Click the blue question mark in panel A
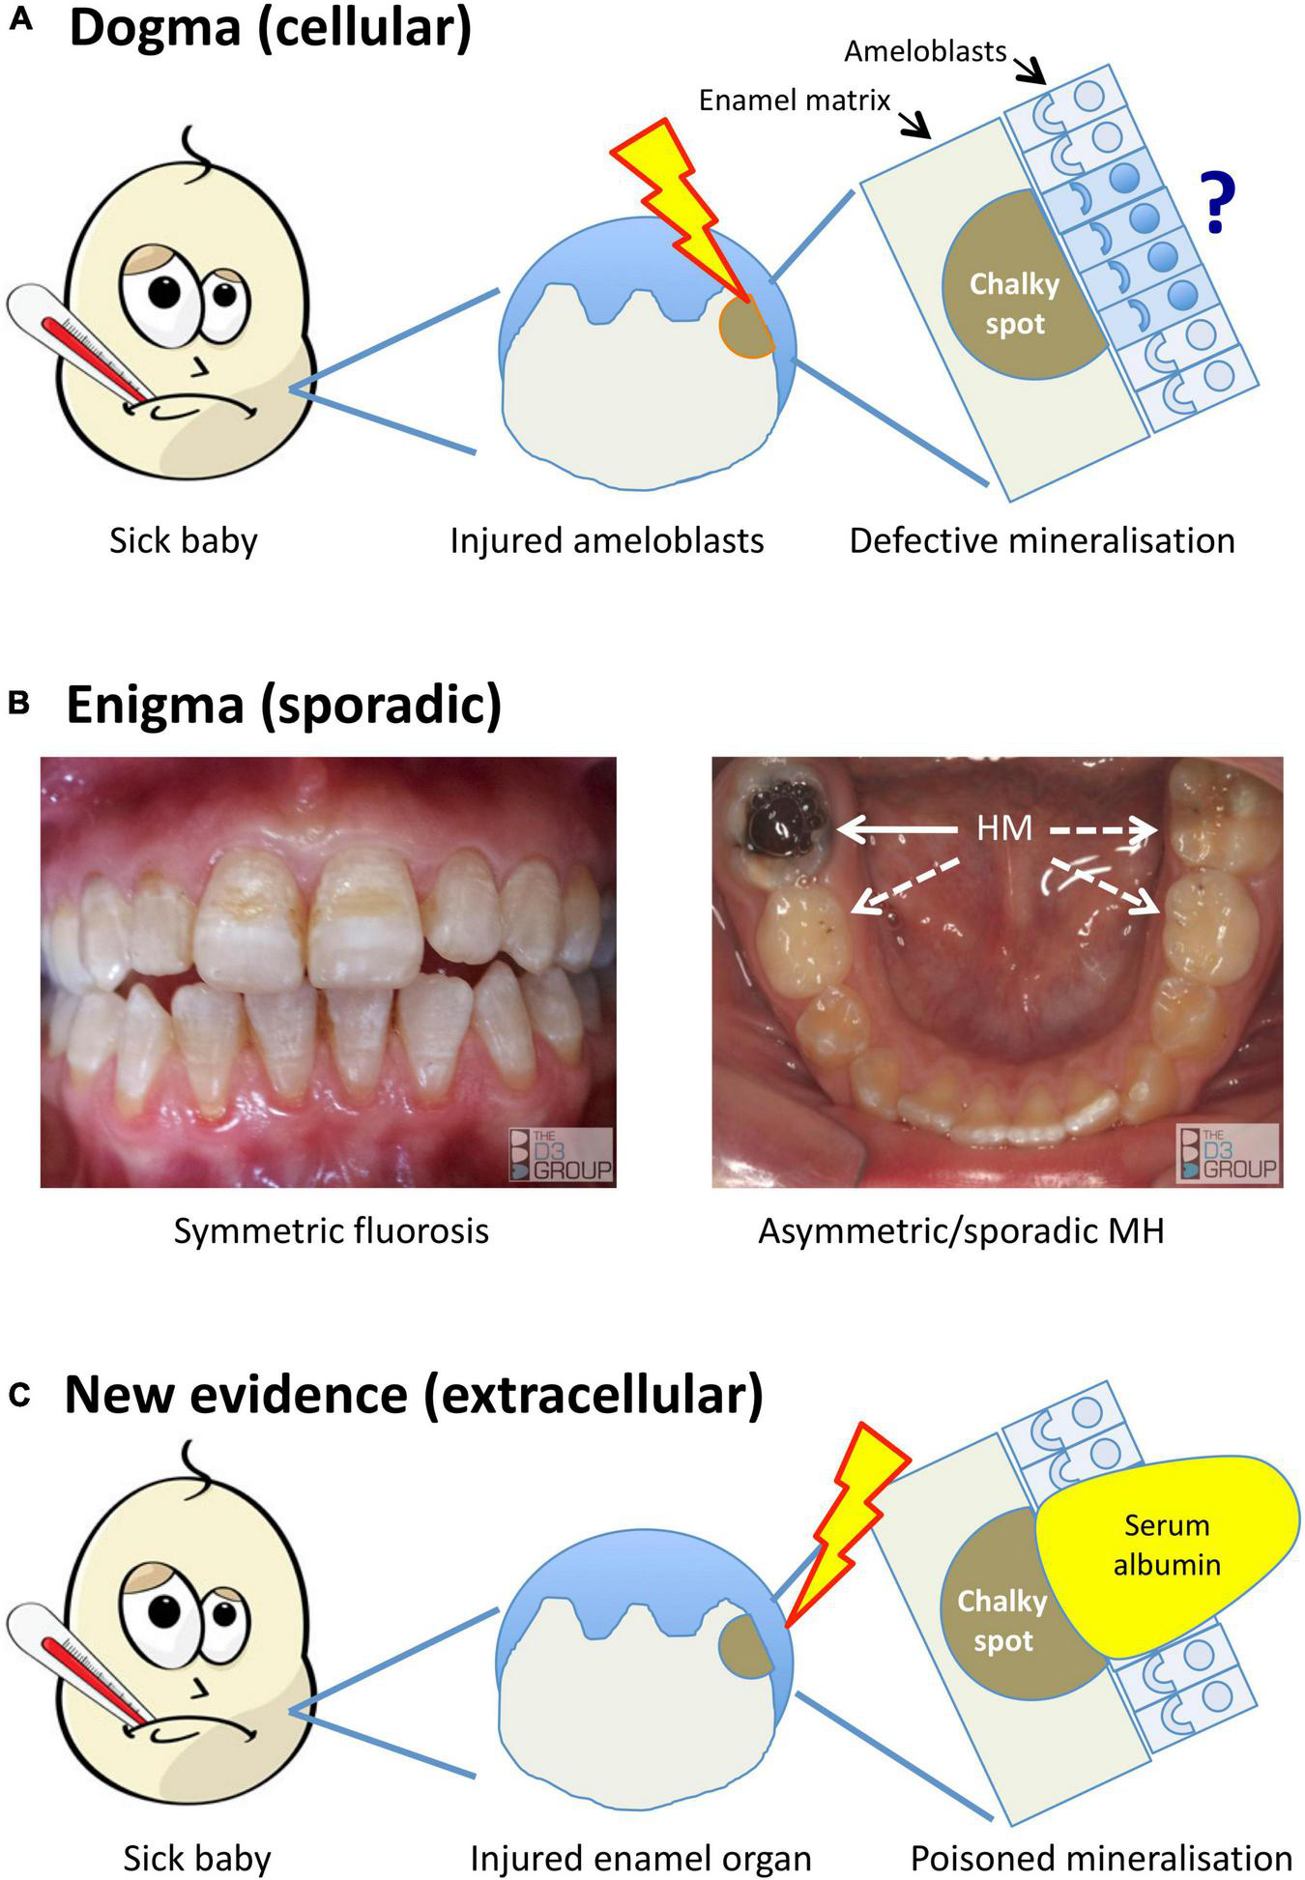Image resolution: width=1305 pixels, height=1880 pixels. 1216,202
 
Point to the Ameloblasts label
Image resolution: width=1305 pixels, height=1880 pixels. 925,51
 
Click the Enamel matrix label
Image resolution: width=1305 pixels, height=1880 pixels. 794,100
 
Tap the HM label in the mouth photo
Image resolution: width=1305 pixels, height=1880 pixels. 1004,827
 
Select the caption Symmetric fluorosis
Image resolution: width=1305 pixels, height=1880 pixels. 331,1230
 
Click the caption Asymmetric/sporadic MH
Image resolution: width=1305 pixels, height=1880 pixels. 961,1230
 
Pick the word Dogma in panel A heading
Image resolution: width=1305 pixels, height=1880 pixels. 155,29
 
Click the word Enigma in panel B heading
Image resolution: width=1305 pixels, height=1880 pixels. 154,705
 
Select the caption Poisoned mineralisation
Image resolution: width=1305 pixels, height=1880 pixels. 1101,1857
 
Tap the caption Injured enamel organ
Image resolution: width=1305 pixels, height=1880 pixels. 640,1857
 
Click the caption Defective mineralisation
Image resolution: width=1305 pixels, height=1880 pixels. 1042,539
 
